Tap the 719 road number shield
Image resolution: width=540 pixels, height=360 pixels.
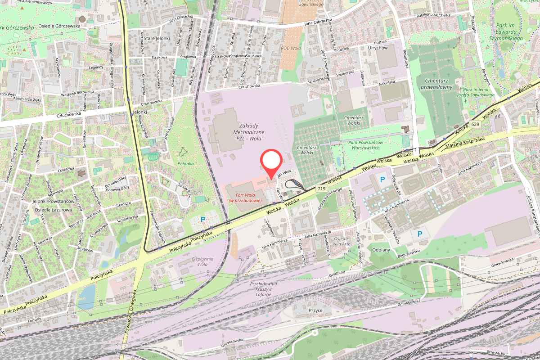click(x=321, y=189)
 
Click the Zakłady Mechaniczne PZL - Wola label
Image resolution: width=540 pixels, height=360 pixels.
click(x=249, y=132)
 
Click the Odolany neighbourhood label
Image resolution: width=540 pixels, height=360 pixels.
click(x=382, y=249)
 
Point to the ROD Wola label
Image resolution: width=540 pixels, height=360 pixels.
click(x=291, y=48)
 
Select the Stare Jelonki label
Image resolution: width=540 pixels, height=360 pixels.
click(x=157, y=39)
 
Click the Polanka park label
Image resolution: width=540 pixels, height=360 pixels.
click(x=185, y=164)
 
